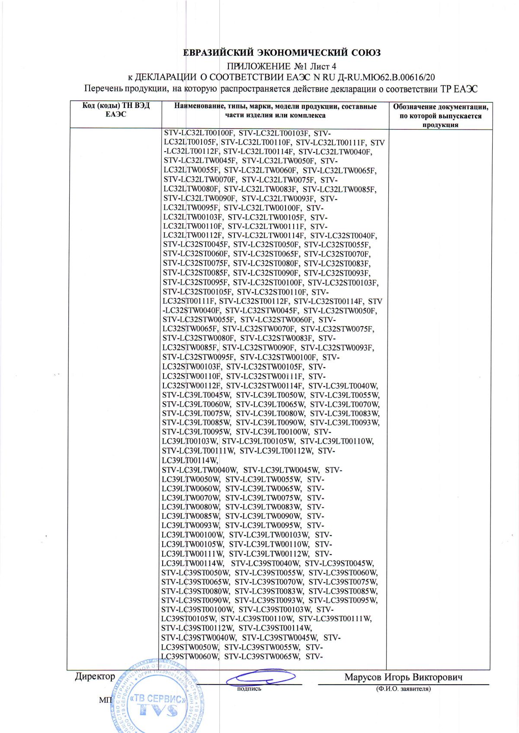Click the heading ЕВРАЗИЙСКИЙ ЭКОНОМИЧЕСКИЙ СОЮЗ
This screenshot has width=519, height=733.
pos(282,53)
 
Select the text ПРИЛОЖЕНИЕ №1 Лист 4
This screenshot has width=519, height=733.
pos(282,66)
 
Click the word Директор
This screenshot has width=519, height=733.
pos(95,676)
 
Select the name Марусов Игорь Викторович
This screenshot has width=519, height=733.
pos(403,677)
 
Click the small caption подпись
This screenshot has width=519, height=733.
pos(249,689)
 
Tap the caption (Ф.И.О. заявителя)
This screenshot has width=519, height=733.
pos(403,689)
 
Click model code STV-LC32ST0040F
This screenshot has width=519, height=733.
pos(343,235)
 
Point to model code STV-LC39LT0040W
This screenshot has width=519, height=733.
pos(343,386)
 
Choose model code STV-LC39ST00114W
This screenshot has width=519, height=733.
pos(275,628)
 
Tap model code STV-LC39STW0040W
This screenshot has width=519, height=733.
pos(199,638)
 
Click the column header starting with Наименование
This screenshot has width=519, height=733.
pos(275,111)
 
